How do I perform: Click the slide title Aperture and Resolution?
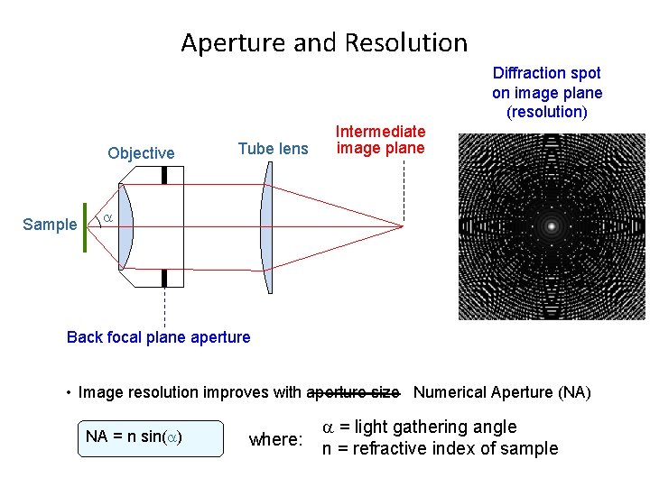[324, 42]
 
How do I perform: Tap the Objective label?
[141, 153]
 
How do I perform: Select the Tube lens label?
[273, 149]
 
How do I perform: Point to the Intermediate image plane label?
[380, 140]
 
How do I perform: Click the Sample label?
[50, 225]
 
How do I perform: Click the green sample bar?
[84, 225]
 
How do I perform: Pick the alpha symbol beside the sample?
[107, 219]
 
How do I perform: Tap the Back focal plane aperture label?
[159, 337]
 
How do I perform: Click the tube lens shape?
[266, 225]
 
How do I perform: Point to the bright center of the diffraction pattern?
[551, 226]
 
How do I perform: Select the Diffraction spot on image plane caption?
[547, 92]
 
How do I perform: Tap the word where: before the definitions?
[274, 440]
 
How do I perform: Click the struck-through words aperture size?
[353, 392]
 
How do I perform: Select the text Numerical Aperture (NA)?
[502, 392]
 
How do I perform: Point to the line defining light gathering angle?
[421, 427]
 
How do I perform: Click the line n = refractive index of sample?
[441, 449]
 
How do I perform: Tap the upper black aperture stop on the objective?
[164, 173]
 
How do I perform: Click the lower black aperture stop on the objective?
[164, 277]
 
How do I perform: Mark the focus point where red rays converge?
[402, 225]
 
